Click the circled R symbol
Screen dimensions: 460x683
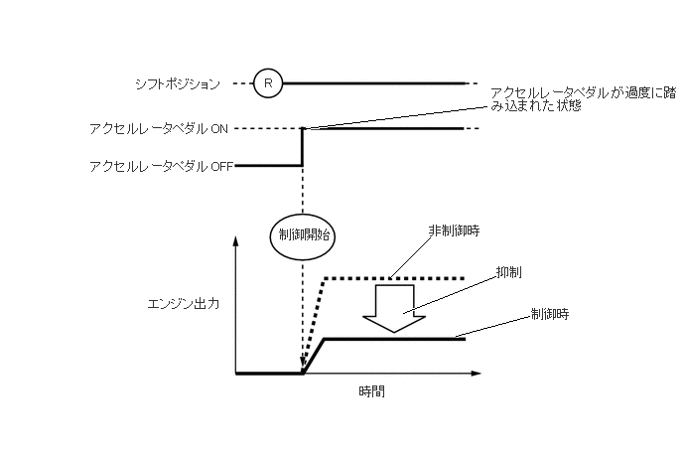(267, 83)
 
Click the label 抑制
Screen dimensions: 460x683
(509, 270)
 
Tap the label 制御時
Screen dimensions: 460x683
(549, 313)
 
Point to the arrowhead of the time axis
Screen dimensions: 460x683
(477, 374)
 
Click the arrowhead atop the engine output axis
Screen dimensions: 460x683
(236, 242)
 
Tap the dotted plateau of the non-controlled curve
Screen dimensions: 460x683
(397, 277)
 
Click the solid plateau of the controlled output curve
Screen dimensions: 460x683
(397, 339)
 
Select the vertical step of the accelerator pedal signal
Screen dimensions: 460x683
(302, 147)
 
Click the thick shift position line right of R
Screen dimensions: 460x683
(377, 83)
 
